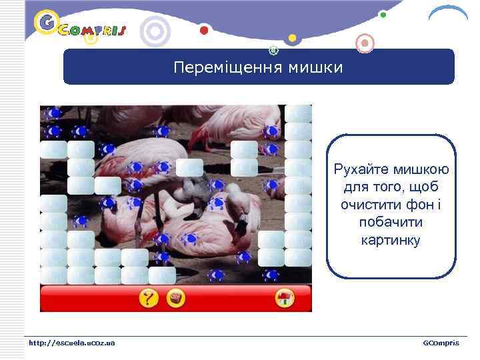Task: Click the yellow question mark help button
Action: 148,298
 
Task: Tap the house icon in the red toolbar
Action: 285,298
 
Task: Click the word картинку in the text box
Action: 391,239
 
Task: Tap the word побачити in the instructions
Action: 391,222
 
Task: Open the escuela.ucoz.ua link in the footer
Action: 71,343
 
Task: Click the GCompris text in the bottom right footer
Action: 441,343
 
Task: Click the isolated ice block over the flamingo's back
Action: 189,167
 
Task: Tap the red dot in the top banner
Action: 204,30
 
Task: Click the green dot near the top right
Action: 382,14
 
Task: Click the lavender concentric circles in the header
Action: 155,31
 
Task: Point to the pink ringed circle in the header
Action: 364,43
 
